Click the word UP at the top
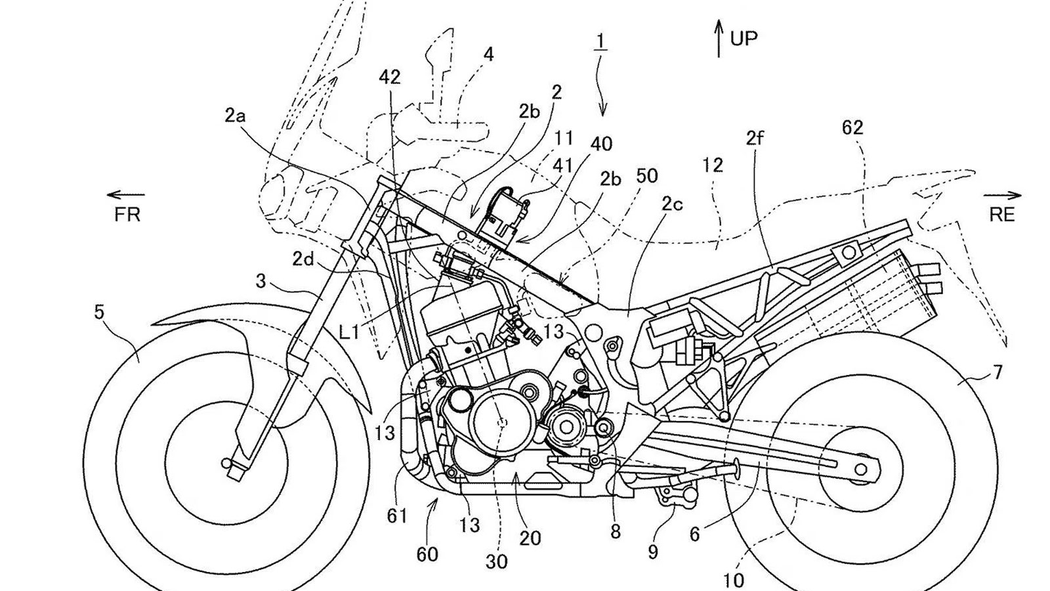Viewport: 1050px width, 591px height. (744, 38)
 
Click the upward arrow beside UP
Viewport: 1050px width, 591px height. (719, 38)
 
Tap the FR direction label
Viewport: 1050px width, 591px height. (127, 214)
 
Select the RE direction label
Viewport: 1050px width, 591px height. (1001, 214)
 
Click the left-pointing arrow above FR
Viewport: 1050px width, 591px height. (125, 194)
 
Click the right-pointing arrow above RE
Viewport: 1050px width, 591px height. (1002, 195)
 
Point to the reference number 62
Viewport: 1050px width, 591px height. (852, 127)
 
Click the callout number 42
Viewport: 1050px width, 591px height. (390, 77)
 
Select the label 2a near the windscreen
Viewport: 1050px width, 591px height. (235, 116)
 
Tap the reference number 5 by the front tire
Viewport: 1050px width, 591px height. (99, 313)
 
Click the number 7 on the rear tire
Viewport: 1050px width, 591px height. (997, 373)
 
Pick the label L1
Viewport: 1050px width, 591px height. (349, 332)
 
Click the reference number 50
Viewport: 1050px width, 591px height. (647, 175)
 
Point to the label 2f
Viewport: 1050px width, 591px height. (755, 138)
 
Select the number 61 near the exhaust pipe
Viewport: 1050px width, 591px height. (396, 516)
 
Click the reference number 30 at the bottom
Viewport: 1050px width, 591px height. (496, 561)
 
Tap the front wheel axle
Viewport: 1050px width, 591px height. (226, 464)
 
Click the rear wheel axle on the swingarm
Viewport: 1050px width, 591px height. (860, 469)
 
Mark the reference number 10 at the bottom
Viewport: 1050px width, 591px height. (734, 580)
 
